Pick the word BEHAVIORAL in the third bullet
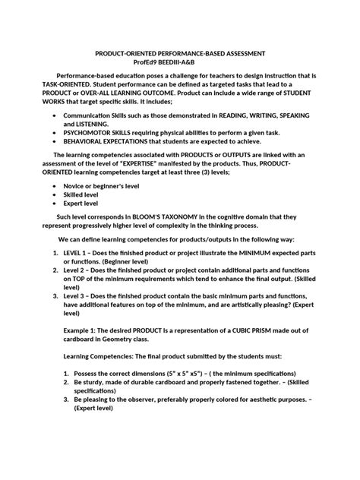[x=90, y=141]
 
